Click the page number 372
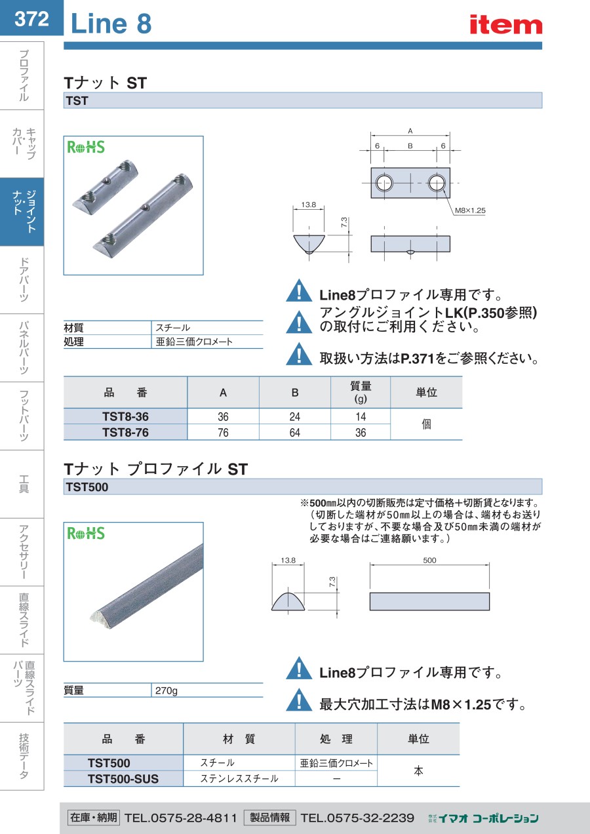tap(31, 19)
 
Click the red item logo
tap(505, 24)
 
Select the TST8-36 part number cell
tap(125, 417)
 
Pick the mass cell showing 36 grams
tap(360, 433)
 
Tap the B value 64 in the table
tap(294, 433)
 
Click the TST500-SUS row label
tap(123, 779)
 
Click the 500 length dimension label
tap(429, 561)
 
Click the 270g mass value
tap(167, 690)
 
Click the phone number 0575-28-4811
tap(180, 818)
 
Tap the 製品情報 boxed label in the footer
tap(269, 818)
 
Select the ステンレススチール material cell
tap(239, 779)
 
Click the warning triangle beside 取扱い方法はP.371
tap(300, 355)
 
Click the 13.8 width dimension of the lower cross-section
tap(288, 561)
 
